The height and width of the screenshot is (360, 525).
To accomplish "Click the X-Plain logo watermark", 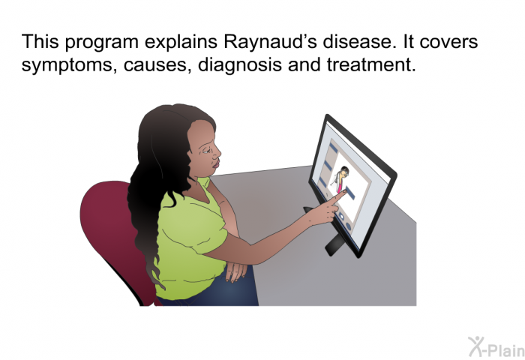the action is click(x=496, y=346).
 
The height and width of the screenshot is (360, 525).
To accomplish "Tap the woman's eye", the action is click(x=206, y=151).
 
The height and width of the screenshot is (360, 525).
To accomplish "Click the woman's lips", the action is click(x=216, y=163).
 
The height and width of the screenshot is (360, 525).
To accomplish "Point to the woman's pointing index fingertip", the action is click(x=343, y=192).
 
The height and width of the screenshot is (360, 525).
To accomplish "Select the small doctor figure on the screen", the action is click(x=340, y=178).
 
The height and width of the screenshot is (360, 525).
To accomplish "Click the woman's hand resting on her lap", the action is click(x=235, y=271).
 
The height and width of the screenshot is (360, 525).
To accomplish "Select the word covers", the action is click(x=448, y=41).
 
